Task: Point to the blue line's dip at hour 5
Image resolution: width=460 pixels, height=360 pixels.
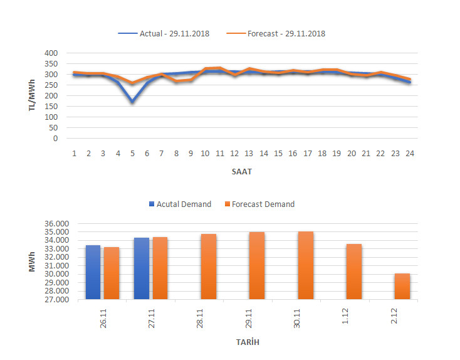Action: coord(132,101)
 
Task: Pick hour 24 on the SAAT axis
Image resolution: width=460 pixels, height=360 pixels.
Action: coord(409,153)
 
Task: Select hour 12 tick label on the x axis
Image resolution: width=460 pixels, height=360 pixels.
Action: coord(234,153)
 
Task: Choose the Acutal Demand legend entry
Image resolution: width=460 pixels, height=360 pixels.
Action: coord(180,204)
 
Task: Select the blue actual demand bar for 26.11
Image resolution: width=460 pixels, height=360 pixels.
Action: coord(93,272)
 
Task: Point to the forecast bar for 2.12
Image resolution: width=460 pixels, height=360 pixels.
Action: coord(402,286)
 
